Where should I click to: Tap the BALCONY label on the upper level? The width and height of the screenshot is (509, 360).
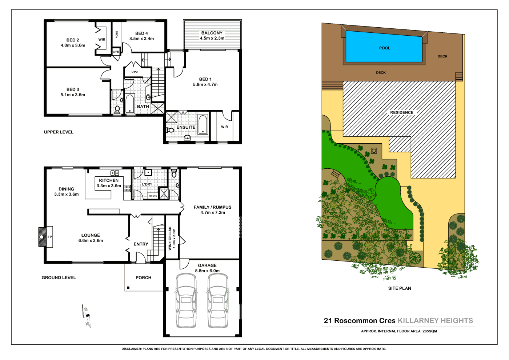(x=212, y=33)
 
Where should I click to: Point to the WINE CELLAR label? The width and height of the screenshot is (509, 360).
(x=170, y=238)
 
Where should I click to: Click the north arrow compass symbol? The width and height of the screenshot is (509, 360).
(x=87, y=315)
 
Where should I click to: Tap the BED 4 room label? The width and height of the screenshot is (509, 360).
(x=141, y=33)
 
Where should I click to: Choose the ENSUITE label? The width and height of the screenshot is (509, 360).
(x=186, y=127)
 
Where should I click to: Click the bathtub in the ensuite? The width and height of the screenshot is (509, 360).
(x=203, y=125)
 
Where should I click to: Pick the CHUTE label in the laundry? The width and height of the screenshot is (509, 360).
(x=153, y=196)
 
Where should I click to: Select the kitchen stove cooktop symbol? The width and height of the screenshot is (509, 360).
(x=127, y=188)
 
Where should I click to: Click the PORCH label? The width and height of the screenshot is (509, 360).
(x=143, y=277)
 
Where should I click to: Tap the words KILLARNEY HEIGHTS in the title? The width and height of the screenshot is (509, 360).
(x=435, y=320)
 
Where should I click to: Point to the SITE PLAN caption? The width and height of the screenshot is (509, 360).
(x=400, y=288)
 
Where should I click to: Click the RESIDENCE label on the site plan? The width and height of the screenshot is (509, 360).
(x=401, y=112)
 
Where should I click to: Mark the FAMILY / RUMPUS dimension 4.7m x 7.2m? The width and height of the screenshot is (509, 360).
(x=213, y=212)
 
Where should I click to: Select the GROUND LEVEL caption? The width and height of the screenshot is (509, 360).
(x=59, y=277)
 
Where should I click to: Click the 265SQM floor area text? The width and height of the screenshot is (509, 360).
(x=429, y=331)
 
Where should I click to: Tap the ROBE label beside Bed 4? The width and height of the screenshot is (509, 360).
(x=117, y=35)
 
